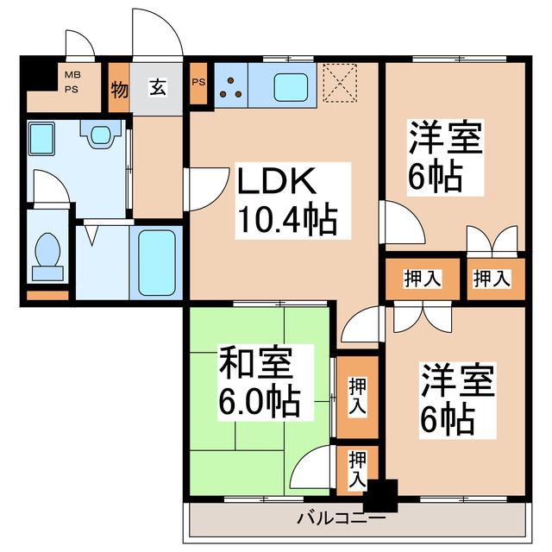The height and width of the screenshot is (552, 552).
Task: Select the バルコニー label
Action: pos(342,518)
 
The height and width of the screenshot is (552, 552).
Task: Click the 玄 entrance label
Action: pos(158,87)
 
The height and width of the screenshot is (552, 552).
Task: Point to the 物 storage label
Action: pos(119,90)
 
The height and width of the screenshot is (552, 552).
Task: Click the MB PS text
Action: pos(72,82)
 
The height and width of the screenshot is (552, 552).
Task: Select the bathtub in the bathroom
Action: pos(157,262)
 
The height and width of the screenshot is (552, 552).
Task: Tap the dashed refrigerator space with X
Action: pos(340,83)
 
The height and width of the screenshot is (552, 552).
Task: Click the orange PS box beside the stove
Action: pos(198,84)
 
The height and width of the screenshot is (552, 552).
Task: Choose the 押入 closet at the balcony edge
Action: pos(357,470)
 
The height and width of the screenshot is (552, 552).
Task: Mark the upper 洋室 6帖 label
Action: pos(445,157)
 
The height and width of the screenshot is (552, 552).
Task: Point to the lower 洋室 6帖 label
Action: pos(457,400)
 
